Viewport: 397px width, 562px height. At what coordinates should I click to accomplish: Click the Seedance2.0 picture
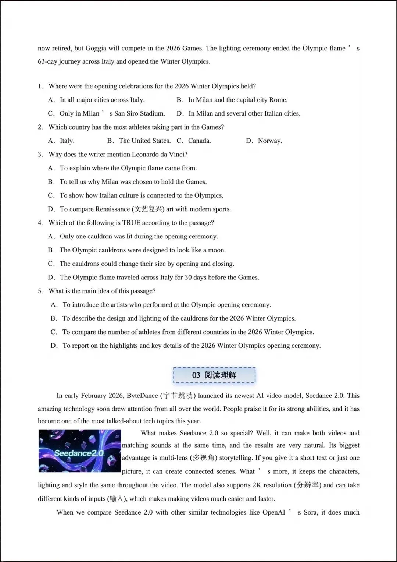tap(80, 451)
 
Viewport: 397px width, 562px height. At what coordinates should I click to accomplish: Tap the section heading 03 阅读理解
tap(214, 375)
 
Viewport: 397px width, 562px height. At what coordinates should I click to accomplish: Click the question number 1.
tap(40, 86)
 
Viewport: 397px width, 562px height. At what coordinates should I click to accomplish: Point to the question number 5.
tap(40, 291)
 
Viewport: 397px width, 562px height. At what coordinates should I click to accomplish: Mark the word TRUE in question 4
tap(131, 223)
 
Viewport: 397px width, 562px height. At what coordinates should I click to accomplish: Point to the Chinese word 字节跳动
tap(178, 396)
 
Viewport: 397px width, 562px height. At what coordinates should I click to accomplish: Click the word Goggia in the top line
tap(96, 48)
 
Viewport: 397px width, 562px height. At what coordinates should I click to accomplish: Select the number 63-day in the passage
tap(47, 61)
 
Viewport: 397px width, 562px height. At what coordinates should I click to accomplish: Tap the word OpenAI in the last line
tap(273, 512)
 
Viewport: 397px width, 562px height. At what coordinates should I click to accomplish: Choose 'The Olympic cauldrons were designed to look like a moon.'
tap(143, 250)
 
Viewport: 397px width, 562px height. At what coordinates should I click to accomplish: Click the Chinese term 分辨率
tap(308, 485)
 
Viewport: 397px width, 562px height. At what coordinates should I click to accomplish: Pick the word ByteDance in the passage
tap(142, 396)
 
